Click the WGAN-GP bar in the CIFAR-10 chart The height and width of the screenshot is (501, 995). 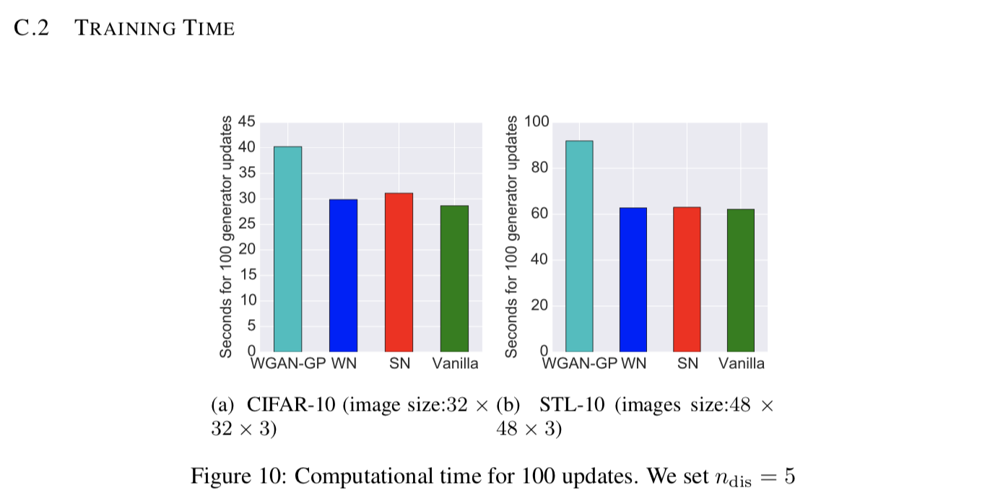pos(287,249)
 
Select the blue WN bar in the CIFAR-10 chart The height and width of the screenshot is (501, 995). pos(343,275)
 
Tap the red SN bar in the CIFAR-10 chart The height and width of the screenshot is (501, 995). pos(399,272)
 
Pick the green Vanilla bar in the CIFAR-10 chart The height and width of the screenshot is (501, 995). pos(454,279)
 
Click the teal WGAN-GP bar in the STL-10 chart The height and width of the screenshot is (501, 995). pos(579,246)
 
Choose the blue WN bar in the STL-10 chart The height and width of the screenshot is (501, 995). pos(633,279)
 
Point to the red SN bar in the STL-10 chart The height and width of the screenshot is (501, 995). pos(687,279)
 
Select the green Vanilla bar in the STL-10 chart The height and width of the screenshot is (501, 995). pos(741,280)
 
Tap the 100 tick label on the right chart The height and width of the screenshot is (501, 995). pos(536,122)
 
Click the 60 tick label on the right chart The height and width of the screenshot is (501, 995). pos(539,214)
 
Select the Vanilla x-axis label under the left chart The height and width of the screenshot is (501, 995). pos(455,364)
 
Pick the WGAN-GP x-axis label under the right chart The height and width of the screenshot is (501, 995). pos(580,364)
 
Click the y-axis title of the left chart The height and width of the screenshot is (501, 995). pos(227,236)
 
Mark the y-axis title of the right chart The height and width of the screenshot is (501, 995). pos(512,236)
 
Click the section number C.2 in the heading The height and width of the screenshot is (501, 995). pos(31,28)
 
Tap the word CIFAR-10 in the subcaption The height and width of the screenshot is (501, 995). pos(291,404)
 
